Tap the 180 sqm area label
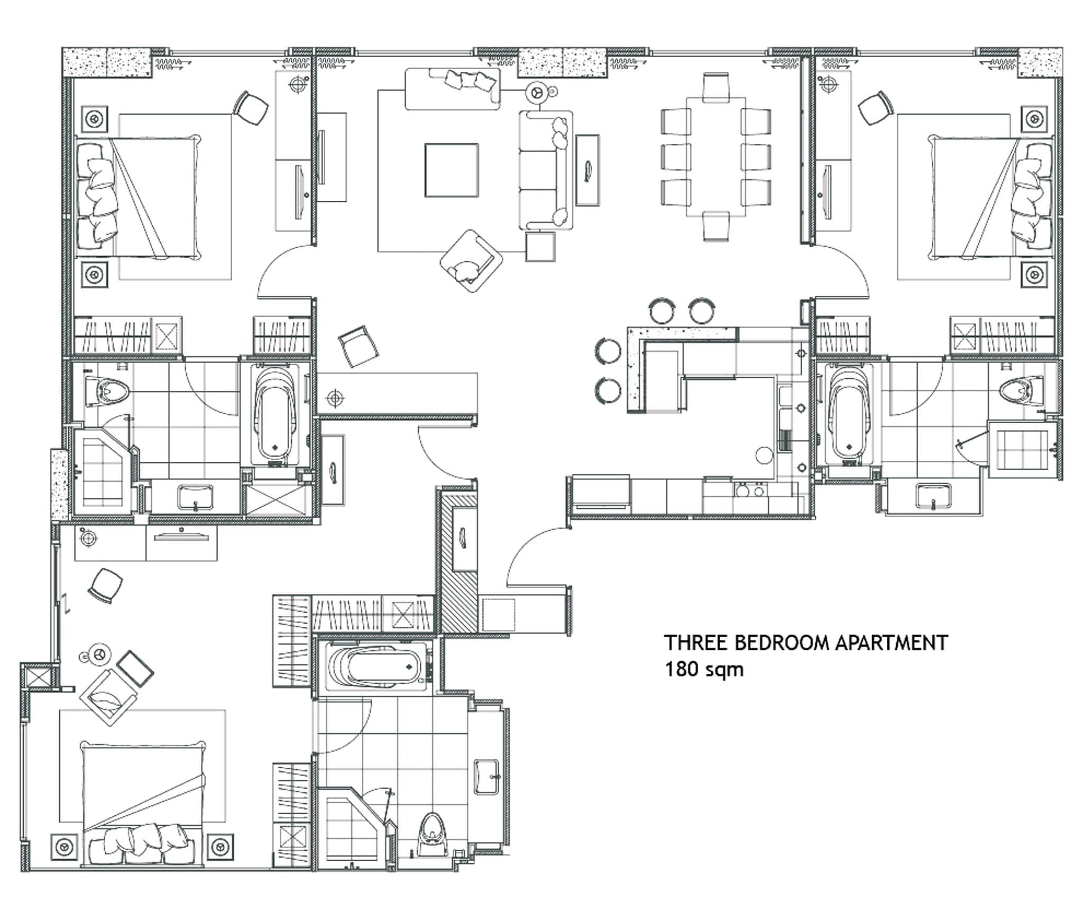click(704, 669)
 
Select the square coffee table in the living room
click(452, 170)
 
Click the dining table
click(716, 157)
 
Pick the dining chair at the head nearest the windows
click(717, 86)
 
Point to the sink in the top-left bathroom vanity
click(195, 497)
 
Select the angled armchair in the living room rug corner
click(471, 261)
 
